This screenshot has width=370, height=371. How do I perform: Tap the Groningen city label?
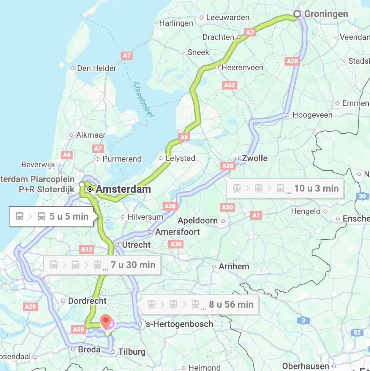pos(326,14)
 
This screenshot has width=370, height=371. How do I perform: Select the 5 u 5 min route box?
pos(52,217)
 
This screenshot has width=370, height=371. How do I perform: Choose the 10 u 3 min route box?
pos(285,188)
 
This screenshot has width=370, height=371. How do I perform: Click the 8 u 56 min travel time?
pos(231,304)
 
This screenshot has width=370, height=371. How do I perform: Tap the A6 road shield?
pos(183,137)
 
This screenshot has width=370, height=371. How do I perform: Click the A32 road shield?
pos(229,85)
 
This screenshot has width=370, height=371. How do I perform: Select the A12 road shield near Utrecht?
pos(87,249)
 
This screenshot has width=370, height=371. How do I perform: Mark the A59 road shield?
pos(78,329)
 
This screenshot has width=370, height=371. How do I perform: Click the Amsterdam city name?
pos(123,189)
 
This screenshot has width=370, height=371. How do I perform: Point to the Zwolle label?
pos(255,158)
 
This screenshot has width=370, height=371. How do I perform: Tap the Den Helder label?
pos(96,68)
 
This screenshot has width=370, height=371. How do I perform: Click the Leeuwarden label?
pos(228,17)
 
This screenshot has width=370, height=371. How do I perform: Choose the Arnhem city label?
pos(234,266)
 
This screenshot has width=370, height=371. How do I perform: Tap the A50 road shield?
pos(227,207)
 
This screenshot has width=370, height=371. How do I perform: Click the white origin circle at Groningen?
pos(297,14)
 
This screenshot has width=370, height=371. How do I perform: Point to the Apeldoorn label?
pos(198,220)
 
